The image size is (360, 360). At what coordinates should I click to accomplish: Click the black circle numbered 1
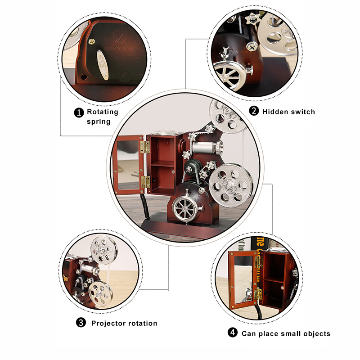(79, 113)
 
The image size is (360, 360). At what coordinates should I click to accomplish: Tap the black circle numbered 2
(254, 111)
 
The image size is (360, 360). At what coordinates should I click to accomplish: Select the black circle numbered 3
(81, 323)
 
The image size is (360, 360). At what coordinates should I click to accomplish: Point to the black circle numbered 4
(233, 332)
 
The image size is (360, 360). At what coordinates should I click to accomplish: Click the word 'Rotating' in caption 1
(103, 112)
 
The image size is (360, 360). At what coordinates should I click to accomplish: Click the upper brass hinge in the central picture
(145, 147)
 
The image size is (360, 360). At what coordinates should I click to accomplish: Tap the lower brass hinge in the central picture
(145, 182)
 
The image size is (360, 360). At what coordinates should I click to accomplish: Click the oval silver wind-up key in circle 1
(103, 65)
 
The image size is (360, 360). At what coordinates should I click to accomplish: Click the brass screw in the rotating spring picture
(92, 41)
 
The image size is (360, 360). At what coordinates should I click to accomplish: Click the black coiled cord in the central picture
(145, 206)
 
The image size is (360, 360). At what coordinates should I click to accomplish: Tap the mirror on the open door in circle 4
(244, 279)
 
